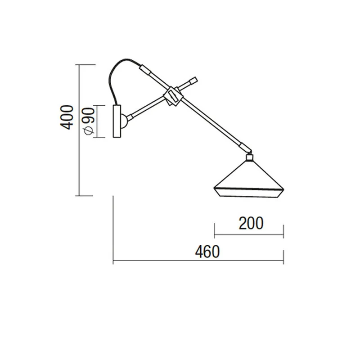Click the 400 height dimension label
(67, 117)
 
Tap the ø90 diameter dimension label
(89, 121)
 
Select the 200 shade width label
(251, 223)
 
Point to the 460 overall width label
(207, 252)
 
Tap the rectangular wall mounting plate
(117, 121)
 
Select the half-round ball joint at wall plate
(124, 121)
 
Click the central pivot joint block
(173, 96)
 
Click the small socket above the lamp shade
(249, 157)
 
